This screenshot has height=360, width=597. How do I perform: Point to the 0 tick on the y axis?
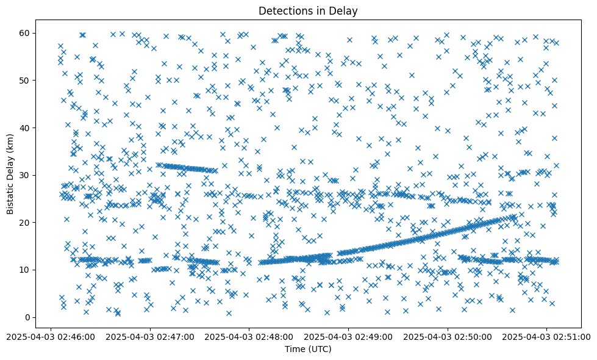click(28, 317)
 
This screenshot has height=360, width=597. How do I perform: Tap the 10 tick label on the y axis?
click(26, 270)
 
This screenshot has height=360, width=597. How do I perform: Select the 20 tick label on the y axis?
click(26, 222)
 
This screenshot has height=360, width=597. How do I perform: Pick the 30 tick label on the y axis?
click(26, 175)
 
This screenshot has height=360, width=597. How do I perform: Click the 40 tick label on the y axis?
click(26, 128)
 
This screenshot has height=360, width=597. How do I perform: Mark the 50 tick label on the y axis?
click(26, 80)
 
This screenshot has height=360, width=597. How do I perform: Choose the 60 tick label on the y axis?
click(26, 33)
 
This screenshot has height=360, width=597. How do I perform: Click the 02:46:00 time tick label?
click(51, 336)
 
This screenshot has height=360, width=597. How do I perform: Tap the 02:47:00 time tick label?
click(150, 336)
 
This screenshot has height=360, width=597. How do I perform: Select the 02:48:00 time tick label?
click(249, 336)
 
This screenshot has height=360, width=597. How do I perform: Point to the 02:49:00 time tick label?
click(349, 336)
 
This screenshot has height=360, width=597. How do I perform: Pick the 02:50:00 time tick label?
click(448, 336)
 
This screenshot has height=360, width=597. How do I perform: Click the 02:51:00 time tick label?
click(547, 336)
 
